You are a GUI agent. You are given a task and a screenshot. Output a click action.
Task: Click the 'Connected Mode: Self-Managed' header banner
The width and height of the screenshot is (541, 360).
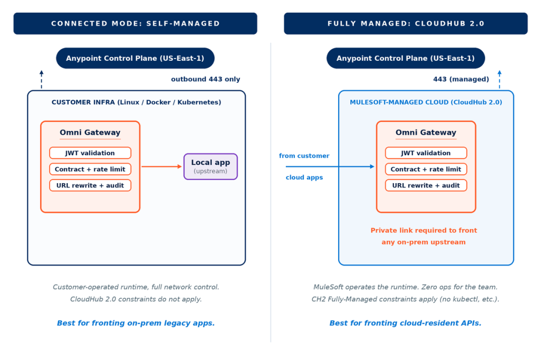click(135, 23)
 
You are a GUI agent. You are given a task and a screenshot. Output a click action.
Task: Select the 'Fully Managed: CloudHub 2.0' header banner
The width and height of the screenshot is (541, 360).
click(406, 23)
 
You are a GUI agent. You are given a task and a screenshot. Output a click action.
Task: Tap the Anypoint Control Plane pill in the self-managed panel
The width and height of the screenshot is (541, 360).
click(135, 58)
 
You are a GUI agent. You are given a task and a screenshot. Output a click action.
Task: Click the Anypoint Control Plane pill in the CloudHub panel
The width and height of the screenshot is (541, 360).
click(406, 58)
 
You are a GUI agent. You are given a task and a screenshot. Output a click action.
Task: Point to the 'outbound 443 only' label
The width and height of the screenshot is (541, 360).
click(206, 79)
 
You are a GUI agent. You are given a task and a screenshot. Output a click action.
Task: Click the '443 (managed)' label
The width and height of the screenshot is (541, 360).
click(461, 79)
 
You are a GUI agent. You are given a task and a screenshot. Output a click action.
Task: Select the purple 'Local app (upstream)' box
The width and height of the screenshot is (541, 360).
click(210, 167)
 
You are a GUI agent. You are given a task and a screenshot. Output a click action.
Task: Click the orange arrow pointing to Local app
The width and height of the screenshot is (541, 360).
click(162, 167)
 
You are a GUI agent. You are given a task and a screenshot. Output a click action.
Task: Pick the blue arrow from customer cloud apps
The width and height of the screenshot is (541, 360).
click(330, 167)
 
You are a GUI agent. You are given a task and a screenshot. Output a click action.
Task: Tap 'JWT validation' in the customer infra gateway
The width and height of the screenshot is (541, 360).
click(90, 153)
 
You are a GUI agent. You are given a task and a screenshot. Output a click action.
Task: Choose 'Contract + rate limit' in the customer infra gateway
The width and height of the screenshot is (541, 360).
click(90, 169)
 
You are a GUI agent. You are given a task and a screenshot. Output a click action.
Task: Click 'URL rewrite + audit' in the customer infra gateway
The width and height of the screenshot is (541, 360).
click(90, 185)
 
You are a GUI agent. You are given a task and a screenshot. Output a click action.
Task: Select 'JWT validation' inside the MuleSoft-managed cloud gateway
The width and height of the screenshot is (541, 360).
click(426, 153)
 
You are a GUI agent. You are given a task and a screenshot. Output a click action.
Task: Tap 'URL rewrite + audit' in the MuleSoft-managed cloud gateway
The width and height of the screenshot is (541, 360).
click(426, 185)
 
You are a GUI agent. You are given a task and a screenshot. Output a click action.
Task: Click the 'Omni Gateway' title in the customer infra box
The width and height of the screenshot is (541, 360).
click(90, 132)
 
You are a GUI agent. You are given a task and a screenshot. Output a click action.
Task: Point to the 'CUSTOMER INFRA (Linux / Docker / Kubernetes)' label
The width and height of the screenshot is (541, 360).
click(136, 102)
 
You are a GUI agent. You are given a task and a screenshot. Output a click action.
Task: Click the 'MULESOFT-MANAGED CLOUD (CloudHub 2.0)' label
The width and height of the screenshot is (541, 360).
click(426, 102)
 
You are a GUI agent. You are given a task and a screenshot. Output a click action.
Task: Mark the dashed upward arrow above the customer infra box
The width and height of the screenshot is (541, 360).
click(41, 79)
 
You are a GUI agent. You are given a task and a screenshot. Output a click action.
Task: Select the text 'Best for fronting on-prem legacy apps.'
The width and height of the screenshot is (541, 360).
click(136, 323)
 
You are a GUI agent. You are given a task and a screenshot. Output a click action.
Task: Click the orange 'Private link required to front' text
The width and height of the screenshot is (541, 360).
click(424, 230)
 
